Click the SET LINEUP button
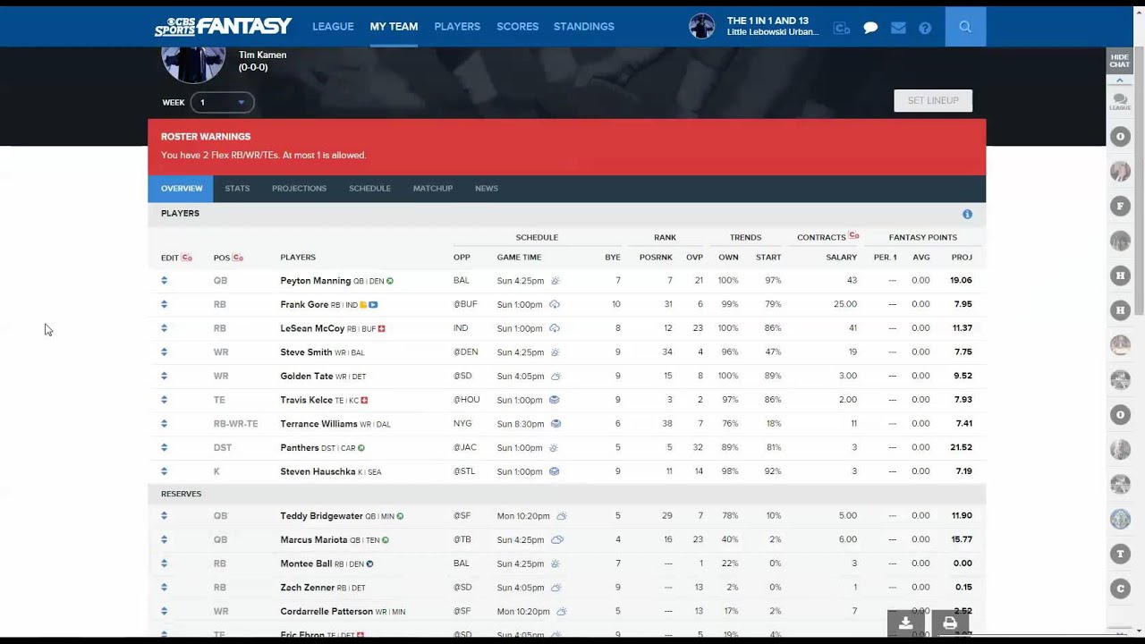[932, 100]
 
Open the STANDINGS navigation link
[583, 27]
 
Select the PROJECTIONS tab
[299, 189]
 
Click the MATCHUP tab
[432, 189]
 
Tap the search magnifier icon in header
[964, 27]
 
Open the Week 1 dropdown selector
[222, 103]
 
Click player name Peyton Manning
[315, 281]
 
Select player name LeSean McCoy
[312, 328]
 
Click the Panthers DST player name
[299, 447]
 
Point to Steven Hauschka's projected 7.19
[962, 471]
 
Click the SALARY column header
[841, 258]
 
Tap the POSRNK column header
[656, 258]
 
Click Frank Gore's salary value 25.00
[844, 304]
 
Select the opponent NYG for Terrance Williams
[462, 424]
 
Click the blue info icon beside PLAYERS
[967, 215]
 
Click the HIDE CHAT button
[1119, 61]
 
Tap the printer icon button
[949, 623]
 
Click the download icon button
[905, 623]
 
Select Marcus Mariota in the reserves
[313, 540]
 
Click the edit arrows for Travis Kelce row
[165, 400]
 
